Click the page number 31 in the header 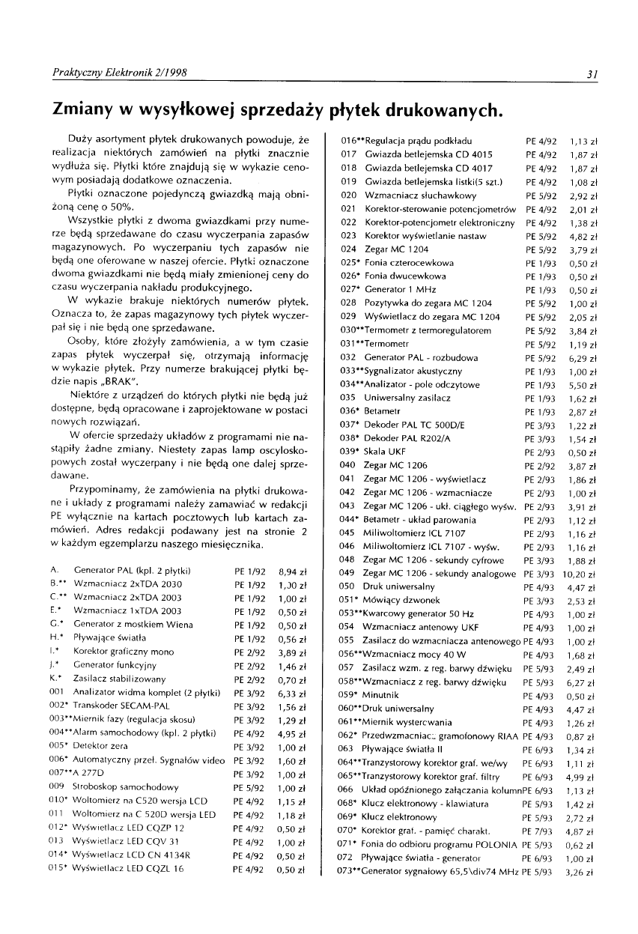(591, 73)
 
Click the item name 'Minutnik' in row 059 (383, 696)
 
